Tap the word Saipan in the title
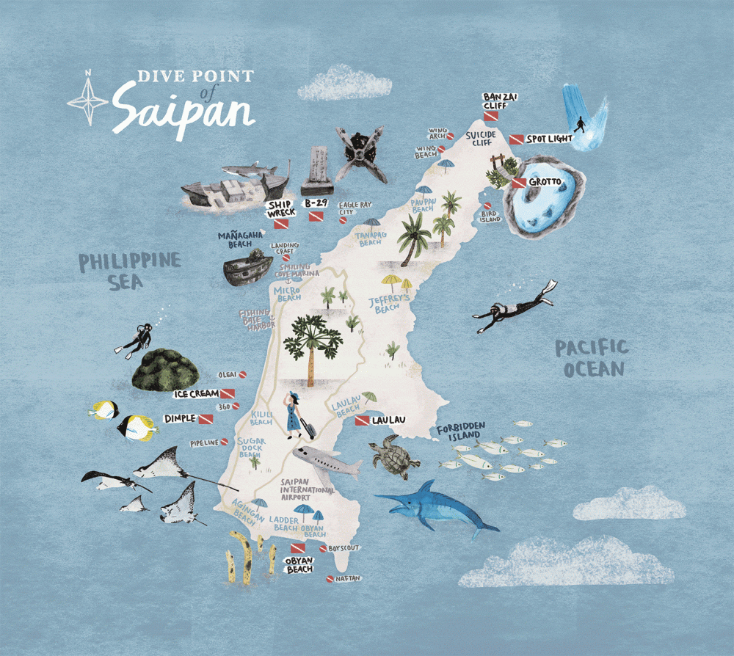(183, 111)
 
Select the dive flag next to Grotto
(520, 182)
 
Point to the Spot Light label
(550, 139)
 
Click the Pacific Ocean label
(592, 357)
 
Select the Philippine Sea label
(130, 271)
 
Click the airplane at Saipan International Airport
(327, 460)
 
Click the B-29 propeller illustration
(360, 154)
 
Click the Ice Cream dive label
(196, 394)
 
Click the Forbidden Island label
(461, 433)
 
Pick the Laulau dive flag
(362, 421)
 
